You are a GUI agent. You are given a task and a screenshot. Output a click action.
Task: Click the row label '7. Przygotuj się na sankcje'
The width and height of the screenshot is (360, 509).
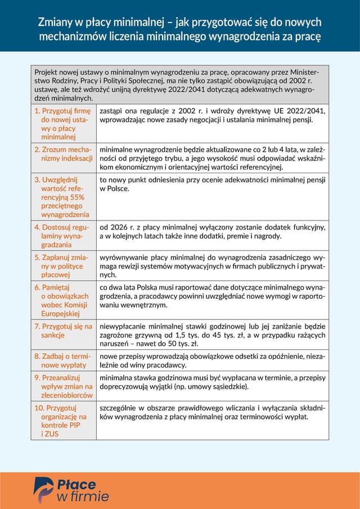(63, 331)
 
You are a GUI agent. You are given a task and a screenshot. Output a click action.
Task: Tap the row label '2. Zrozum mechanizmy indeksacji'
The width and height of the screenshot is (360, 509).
(63, 154)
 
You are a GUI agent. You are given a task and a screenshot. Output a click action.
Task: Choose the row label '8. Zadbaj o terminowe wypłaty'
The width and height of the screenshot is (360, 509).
(63, 361)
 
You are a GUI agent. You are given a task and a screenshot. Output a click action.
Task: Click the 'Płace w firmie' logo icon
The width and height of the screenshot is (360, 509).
(44, 489)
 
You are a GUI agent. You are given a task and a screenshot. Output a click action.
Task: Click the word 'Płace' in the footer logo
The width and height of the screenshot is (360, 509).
(76, 484)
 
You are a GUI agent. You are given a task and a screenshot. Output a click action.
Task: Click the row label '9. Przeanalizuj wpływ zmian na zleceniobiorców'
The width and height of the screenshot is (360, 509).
(63, 387)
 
